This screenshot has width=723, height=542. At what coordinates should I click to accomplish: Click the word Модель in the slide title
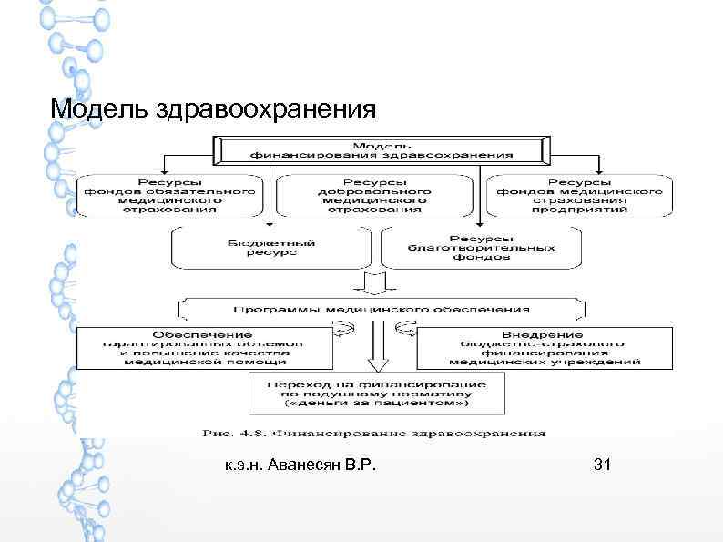[88, 109]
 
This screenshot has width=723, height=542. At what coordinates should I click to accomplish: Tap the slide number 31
[602, 465]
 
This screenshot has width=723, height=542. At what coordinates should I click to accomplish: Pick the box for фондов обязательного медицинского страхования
[169, 193]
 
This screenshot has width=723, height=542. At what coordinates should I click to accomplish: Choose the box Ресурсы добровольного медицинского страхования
[375, 193]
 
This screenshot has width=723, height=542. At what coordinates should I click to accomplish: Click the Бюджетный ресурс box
[271, 249]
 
